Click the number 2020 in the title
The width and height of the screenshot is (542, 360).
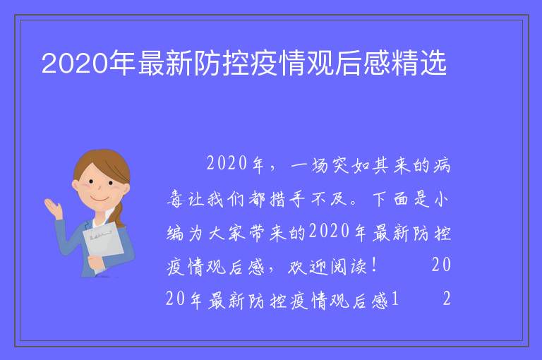[x=75, y=63]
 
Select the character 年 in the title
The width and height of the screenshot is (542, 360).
[x=123, y=63]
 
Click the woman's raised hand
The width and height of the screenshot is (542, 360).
[x=53, y=208]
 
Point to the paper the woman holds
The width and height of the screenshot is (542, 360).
[x=103, y=243]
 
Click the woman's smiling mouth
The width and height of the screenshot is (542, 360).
[x=100, y=200]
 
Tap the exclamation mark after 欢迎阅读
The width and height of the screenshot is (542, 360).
[x=375, y=266]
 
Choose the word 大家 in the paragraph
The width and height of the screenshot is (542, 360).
[x=227, y=233]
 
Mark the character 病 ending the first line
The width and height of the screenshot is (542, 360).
[x=442, y=166]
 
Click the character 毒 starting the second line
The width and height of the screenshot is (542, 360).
[x=175, y=199]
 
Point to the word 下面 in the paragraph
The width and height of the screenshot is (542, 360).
[x=390, y=199]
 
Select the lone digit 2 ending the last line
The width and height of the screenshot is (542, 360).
[x=447, y=299]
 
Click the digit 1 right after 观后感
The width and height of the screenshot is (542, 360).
[x=395, y=299]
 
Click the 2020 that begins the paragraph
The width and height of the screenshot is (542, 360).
[x=227, y=163]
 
